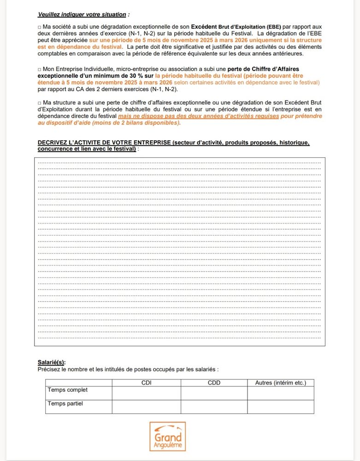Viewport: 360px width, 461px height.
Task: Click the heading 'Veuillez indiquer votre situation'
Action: (83, 14)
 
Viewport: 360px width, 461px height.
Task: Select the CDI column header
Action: (146, 383)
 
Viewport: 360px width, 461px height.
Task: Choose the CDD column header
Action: (214, 383)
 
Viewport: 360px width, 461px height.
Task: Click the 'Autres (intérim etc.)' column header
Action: (280, 383)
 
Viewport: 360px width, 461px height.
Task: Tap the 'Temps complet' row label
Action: (67, 390)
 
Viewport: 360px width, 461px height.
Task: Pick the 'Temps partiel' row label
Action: (65, 404)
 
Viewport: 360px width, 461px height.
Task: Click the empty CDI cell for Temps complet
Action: (146, 393)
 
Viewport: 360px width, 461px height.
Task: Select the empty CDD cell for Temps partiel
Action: (214, 407)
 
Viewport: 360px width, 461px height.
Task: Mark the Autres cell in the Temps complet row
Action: (280, 393)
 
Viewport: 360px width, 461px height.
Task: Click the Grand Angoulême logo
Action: (167, 436)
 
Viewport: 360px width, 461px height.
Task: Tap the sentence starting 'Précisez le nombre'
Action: (128, 369)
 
